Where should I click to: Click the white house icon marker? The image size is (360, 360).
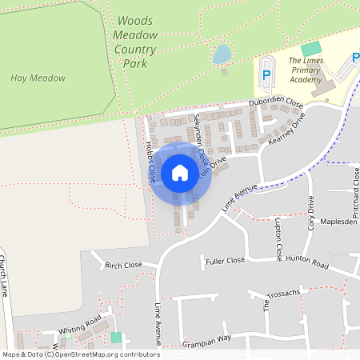coord(180,173)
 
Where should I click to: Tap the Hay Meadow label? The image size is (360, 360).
coord(38,78)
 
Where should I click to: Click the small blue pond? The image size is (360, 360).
coord(222,54)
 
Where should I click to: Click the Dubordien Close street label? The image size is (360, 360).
coord(276,104)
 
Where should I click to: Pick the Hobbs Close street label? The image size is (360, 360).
coord(149,163)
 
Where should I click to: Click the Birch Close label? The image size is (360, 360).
coord(123,264)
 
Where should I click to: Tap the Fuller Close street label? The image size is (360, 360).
coord(225,260)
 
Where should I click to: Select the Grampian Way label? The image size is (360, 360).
coord(207,338)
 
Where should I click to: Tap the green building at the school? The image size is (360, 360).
coord(310,49)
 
